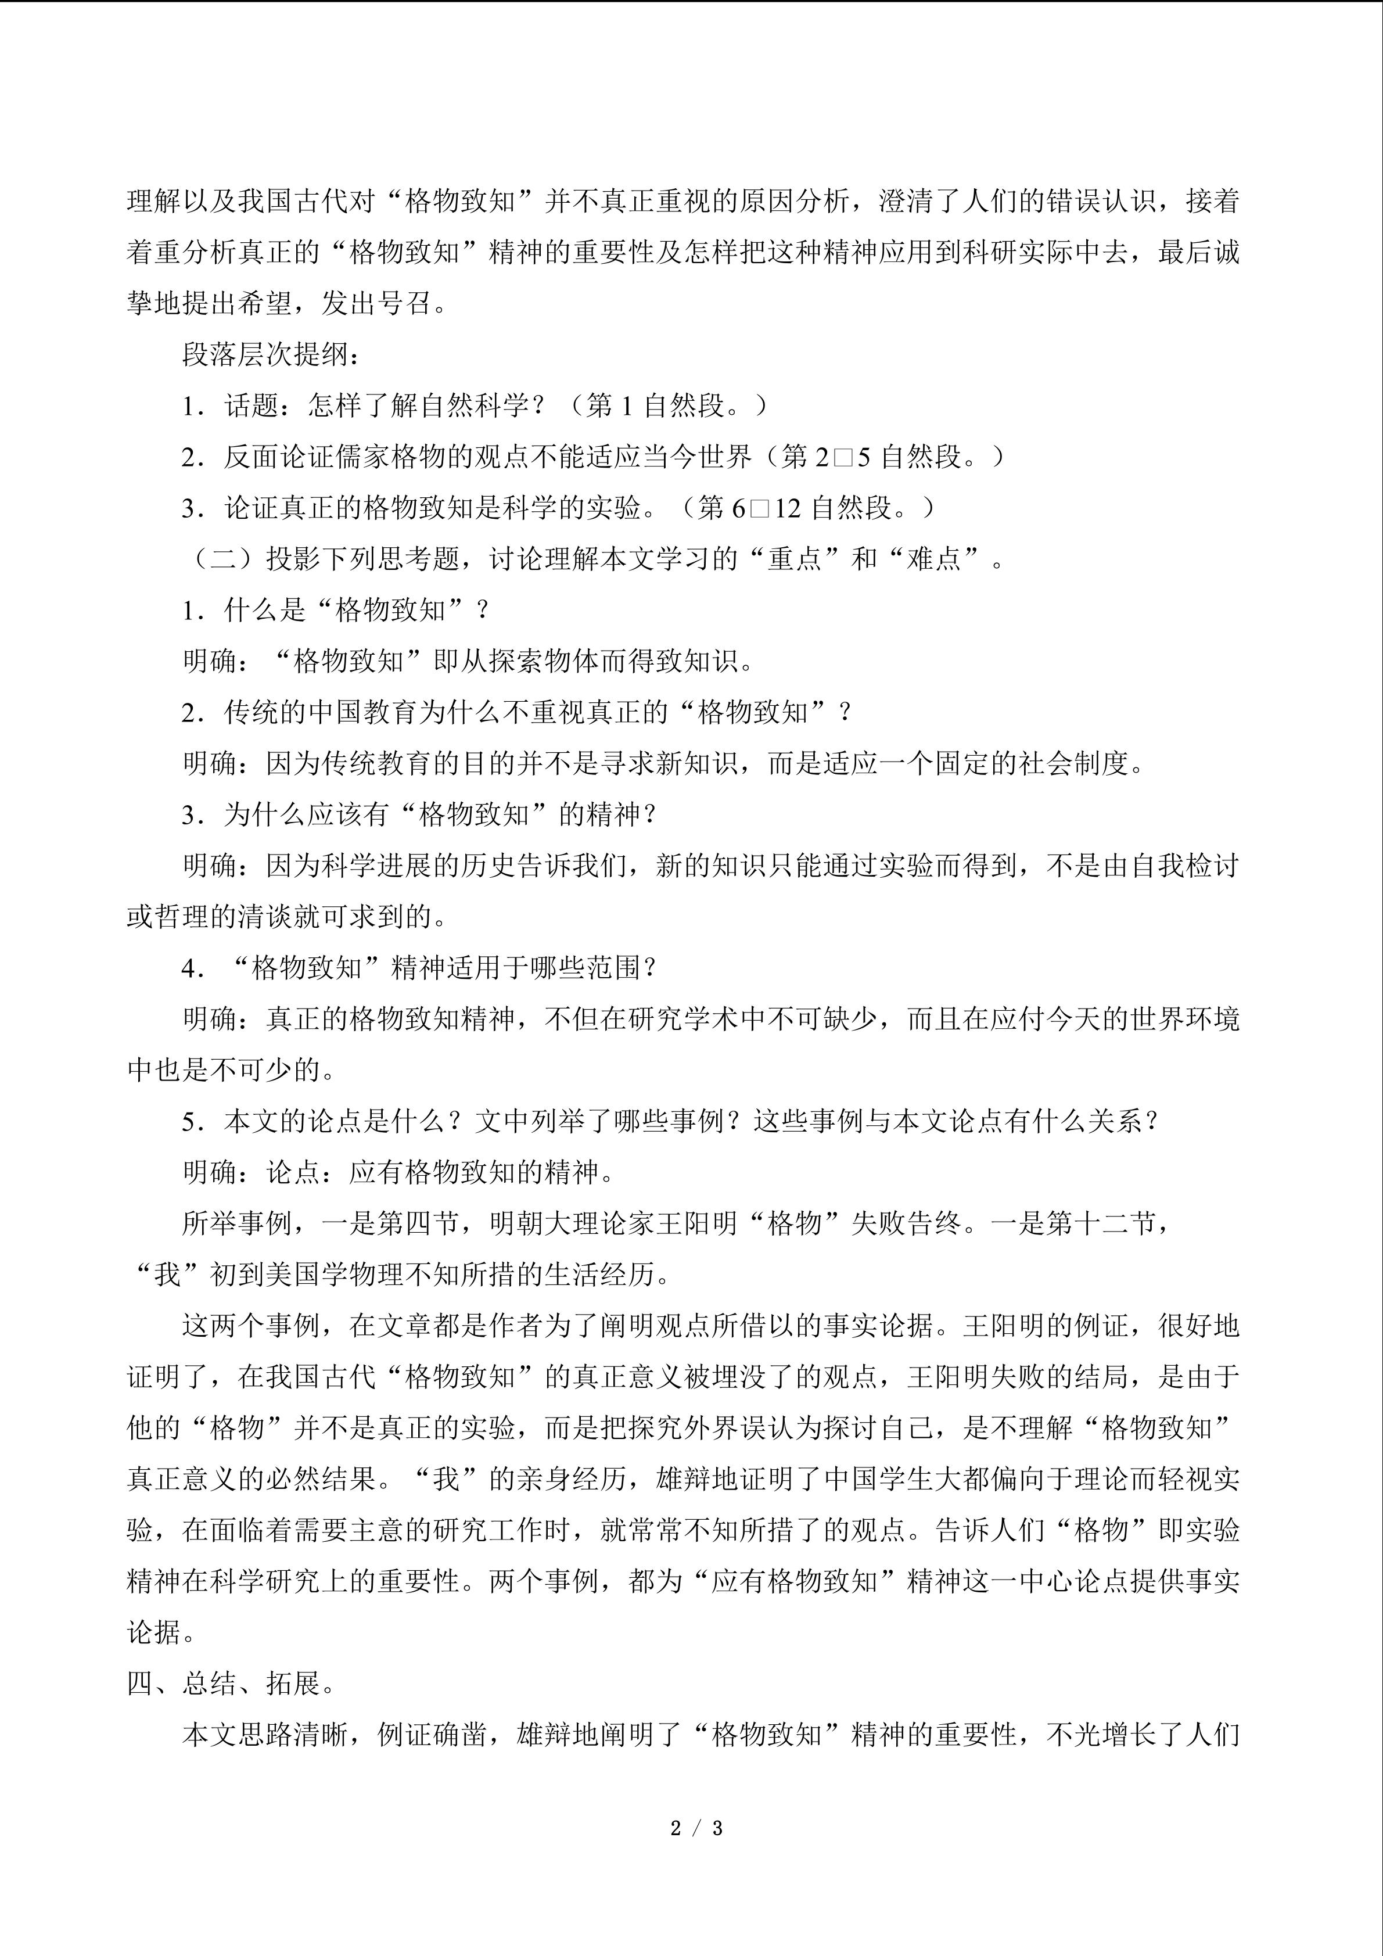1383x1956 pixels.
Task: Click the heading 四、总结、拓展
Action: pos(230,1684)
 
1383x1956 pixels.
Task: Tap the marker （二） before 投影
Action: pos(223,559)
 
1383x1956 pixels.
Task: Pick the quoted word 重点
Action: pos(795,559)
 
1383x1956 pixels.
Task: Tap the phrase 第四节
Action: pos(405,1223)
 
